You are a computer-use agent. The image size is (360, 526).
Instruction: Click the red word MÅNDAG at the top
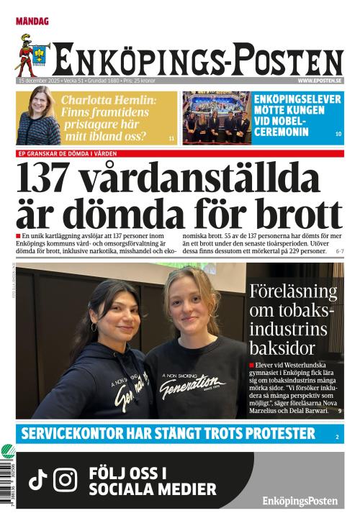[x=32, y=22]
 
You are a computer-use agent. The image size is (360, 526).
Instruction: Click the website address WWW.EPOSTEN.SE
[x=320, y=81]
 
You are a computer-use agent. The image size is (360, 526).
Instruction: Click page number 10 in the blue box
[x=338, y=135]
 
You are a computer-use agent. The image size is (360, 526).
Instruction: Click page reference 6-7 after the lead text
[x=339, y=252]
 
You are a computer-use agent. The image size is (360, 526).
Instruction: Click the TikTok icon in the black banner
[x=37, y=480]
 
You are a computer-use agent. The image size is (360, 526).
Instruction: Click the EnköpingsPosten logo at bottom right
[x=300, y=501]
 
